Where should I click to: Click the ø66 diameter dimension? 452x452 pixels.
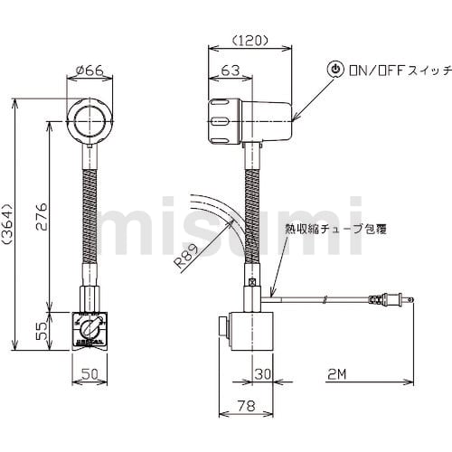[89, 71]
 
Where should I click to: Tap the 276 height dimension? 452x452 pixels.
[42, 217]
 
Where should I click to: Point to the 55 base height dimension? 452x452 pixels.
[42, 331]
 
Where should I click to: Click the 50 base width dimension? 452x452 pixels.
[89, 374]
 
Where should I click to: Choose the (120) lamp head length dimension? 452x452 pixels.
[250, 40]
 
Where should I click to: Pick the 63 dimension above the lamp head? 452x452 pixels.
[231, 71]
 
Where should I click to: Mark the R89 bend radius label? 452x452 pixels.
[187, 256]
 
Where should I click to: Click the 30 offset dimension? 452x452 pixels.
[263, 374]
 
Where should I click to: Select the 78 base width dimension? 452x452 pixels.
[246, 406]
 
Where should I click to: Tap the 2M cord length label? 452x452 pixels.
[337, 374]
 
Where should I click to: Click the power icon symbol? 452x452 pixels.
[335, 70]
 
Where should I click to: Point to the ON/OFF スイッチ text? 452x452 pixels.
[400, 71]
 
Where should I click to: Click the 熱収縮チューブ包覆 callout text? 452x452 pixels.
[336, 230]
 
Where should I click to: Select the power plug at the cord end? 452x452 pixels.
[391, 299]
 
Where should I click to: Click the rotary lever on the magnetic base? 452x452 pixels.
[89, 328]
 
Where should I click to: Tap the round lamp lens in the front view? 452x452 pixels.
[89, 121]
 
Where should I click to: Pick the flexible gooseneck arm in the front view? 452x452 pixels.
[89, 217]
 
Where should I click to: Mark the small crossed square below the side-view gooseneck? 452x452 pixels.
[252, 282]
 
